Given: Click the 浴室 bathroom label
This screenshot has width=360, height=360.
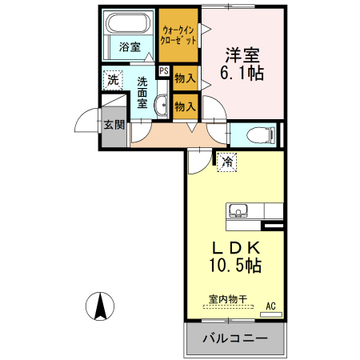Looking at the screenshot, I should click(x=130, y=46).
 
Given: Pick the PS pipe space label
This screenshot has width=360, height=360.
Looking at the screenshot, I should click(x=164, y=71).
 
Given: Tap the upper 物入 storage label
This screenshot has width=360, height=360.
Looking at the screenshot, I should click(x=185, y=78).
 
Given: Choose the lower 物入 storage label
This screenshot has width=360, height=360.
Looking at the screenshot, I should click(x=185, y=105).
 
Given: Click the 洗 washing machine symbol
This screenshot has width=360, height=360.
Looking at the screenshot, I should click(x=114, y=80).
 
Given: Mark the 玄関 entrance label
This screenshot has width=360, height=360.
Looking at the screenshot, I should click(x=114, y=125).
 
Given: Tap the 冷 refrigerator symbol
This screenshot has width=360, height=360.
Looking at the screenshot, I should click(x=227, y=162).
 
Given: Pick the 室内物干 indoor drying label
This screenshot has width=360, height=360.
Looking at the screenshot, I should click(x=228, y=300).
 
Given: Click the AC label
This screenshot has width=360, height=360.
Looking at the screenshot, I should click(x=270, y=305).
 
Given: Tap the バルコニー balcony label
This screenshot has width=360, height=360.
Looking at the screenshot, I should click(x=234, y=338).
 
